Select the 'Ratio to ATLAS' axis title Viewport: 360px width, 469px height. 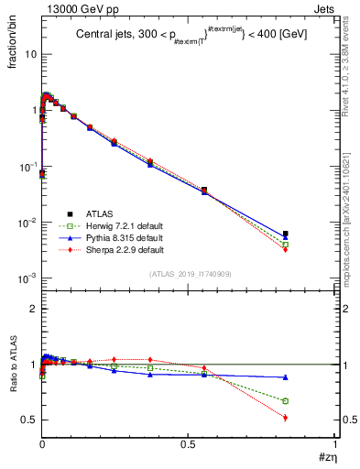coord(13,365)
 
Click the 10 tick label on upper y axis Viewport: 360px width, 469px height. coord(29,54)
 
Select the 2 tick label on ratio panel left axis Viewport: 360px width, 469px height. coord(33,310)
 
